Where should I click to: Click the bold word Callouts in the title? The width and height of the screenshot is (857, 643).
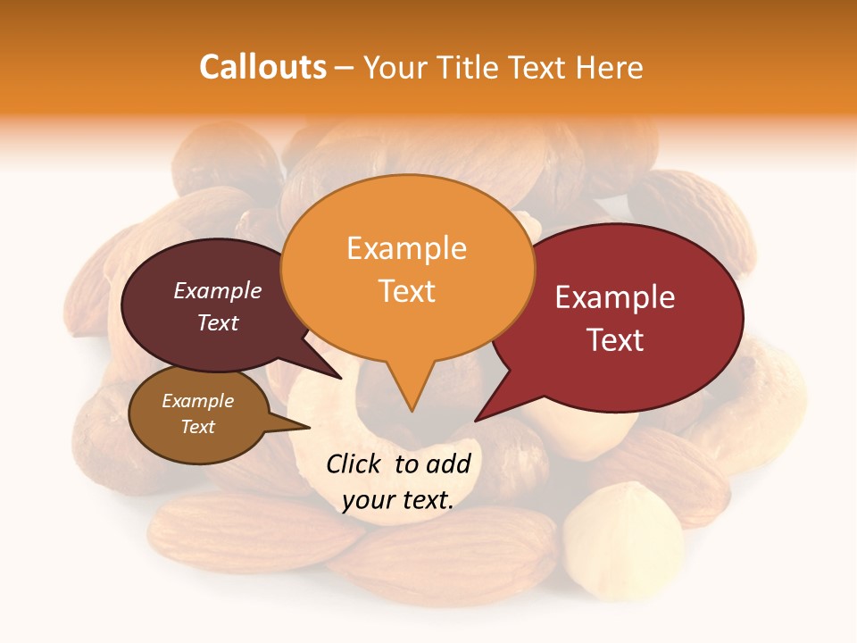262,67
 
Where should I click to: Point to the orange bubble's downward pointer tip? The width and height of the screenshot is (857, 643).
411,411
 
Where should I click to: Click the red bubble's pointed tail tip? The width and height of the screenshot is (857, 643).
475,421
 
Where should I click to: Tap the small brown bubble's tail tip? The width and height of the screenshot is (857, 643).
310,427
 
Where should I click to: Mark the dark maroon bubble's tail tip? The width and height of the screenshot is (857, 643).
342,379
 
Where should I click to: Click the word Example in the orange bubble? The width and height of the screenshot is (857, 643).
407,248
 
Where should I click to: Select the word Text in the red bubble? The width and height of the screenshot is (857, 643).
615,340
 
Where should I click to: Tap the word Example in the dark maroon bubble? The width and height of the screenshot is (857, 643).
218,290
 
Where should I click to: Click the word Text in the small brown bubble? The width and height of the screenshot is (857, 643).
198,427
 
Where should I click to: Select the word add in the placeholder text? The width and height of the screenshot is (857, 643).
448,463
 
